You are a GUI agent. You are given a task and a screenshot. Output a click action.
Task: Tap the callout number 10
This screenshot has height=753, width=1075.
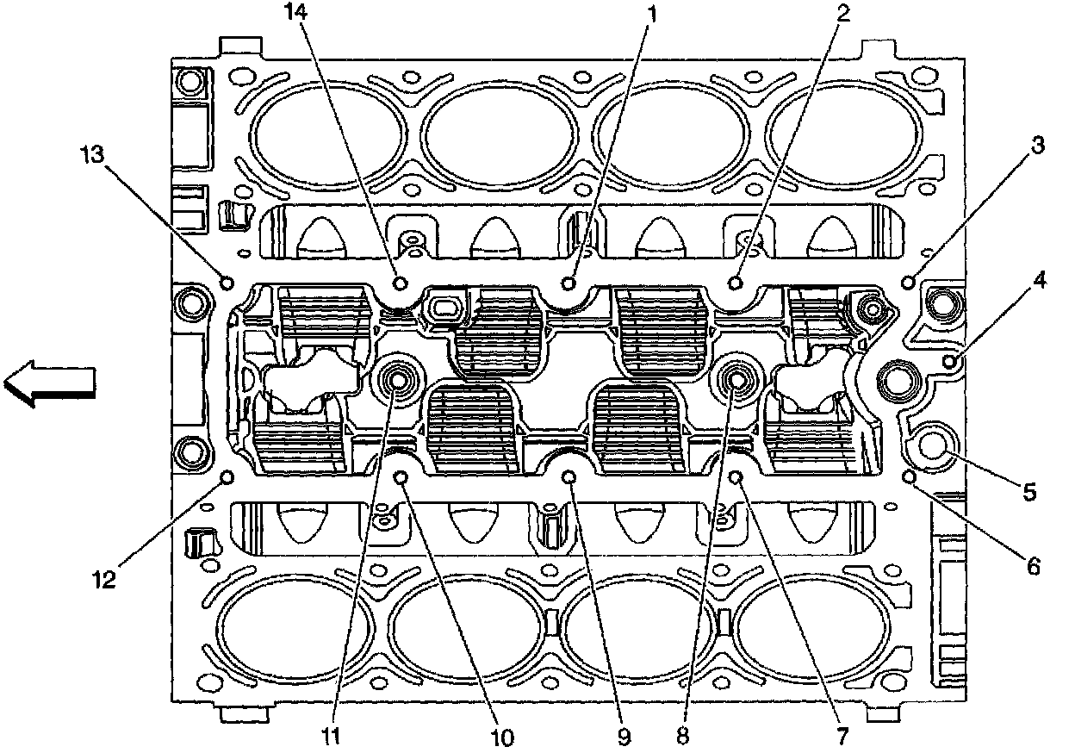(x=501, y=737)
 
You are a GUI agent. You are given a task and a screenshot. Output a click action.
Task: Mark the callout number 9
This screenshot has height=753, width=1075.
(x=623, y=737)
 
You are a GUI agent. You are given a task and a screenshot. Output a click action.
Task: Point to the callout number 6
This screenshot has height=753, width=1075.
(x=1032, y=566)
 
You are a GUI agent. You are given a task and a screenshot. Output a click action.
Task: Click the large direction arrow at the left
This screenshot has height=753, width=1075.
(x=47, y=383)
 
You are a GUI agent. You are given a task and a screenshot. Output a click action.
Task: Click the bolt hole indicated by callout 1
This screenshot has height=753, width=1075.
(x=569, y=283)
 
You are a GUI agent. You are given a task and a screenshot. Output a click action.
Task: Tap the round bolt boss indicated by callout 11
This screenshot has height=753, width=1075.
(x=398, y=378)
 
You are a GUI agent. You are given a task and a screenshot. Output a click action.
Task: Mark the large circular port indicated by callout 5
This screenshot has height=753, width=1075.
(x=934, y=445)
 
